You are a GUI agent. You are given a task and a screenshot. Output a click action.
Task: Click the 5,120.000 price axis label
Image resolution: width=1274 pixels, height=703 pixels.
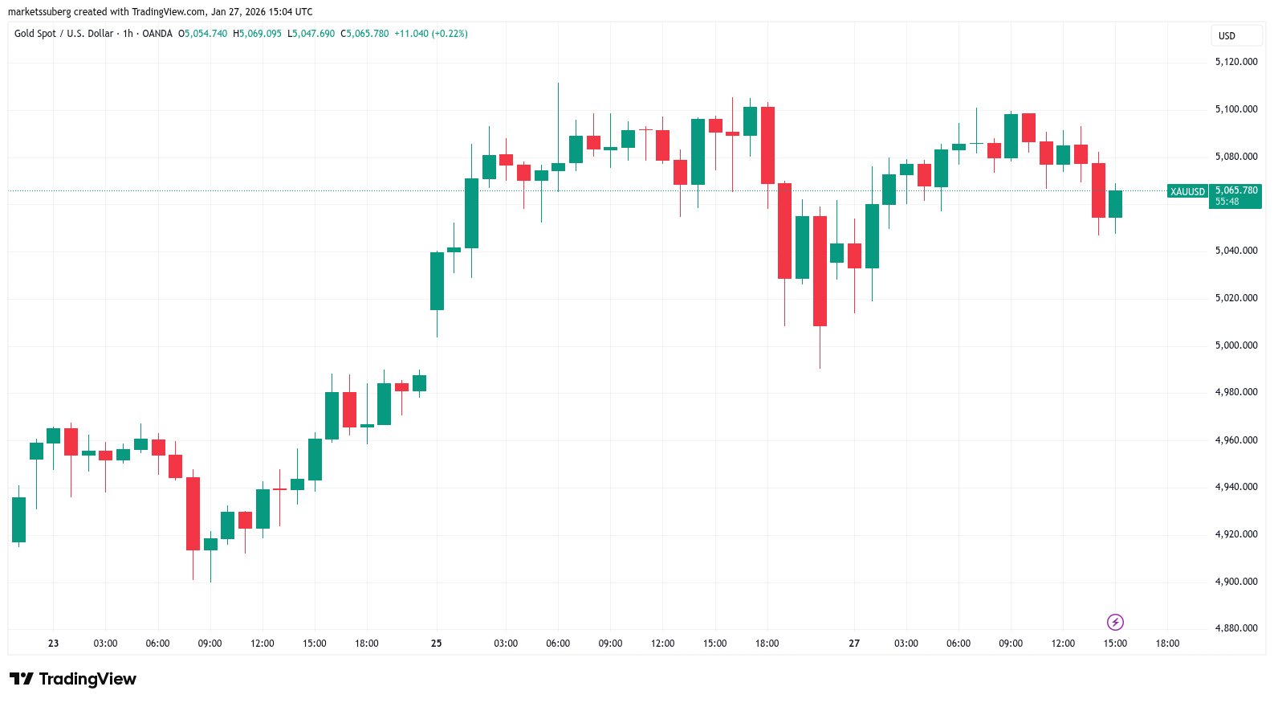(x=1235, y=62)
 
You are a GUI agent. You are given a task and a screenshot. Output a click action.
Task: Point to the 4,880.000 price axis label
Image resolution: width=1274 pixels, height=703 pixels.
(x=1235, y=628)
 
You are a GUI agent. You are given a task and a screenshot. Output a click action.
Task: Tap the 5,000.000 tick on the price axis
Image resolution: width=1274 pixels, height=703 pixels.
(x=1235, y=345)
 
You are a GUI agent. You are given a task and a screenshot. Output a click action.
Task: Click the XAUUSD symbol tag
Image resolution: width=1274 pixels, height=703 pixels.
(x=1187, y=191)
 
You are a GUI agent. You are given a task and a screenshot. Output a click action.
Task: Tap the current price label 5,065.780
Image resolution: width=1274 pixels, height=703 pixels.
(x=1235, y=190)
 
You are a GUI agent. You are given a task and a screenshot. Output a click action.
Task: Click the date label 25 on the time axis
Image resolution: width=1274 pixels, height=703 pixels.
(x=437, y=644)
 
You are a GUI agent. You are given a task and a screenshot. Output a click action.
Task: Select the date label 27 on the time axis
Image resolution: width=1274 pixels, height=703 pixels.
(x=854, y=644)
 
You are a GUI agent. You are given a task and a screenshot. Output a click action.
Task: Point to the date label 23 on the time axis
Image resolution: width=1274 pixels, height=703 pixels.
(x=54, y=644)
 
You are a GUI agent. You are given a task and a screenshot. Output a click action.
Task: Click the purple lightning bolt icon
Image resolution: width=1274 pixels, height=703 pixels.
(x=1115, y=622)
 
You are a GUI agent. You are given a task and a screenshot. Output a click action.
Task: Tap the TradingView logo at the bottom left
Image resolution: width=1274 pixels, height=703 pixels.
(x=73, y=680)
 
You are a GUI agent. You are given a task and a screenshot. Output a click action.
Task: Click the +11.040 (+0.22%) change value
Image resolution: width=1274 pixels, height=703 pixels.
(x=431, y=34)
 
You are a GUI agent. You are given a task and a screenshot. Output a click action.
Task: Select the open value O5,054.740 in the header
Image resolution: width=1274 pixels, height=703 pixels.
(x=202, y=34)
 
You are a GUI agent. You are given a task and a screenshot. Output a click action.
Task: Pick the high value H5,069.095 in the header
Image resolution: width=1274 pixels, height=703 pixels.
(x=257, y=34)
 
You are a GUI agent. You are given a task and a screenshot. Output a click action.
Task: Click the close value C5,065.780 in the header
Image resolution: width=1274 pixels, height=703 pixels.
(x=364, y=34)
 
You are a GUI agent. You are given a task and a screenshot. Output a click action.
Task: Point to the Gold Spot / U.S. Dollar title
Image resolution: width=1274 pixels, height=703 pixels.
(x=64, y=34)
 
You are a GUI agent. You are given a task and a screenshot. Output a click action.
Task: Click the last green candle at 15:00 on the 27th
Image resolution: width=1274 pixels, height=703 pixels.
(x=1115, y=204)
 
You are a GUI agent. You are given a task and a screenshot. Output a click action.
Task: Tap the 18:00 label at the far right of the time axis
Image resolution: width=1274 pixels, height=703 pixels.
(x=1167, y=644)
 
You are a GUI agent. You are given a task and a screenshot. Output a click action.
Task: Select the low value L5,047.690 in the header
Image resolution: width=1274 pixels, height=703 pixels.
(x=311, y=34)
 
